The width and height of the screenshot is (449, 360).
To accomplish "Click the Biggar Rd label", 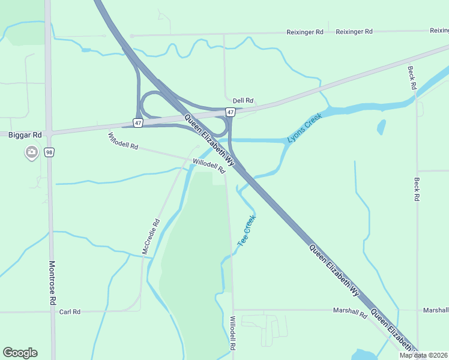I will click(25, 135).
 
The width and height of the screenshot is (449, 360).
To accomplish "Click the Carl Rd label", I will click(70, 312).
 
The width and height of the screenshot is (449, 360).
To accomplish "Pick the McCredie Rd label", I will click(151, 236).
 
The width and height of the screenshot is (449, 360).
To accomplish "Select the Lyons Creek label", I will click(304, 128).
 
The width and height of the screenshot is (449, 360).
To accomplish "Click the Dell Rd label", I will click(243, 101).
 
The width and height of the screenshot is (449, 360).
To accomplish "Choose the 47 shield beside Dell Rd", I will click(231, 112).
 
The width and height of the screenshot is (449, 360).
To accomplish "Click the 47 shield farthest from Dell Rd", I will click(138, 123).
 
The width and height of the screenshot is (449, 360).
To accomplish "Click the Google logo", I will click(20, 353).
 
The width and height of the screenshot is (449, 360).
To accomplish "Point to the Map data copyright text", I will click(424, 355).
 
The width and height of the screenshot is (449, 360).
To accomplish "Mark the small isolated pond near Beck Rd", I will click(381, 127).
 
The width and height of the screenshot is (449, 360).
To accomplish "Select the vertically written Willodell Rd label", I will click(233, 334).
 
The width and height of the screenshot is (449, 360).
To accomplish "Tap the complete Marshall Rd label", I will click(350, 312).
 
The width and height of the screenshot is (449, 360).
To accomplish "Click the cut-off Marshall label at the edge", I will click(436, 310).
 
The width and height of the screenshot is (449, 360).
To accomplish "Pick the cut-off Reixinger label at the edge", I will click(439, 31).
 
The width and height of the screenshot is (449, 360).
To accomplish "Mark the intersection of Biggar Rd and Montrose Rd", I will click(49, 132).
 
